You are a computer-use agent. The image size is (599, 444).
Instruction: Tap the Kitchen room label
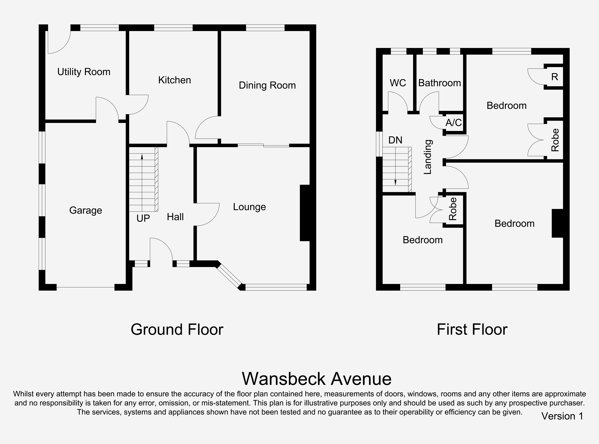pyautogui.click(x=174, y=80)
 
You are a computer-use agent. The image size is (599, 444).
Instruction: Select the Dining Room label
pyautogui.click(x=267, y=86)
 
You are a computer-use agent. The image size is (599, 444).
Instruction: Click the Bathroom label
pyautogui.click(x=440, y=83)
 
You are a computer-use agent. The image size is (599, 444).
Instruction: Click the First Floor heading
pyautogui.click(x=472, y=329)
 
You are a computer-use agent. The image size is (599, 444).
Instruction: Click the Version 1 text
pyautogui.click(x=562, y=416)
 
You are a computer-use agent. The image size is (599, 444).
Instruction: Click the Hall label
pyautogui.click(x=175, y=217)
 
